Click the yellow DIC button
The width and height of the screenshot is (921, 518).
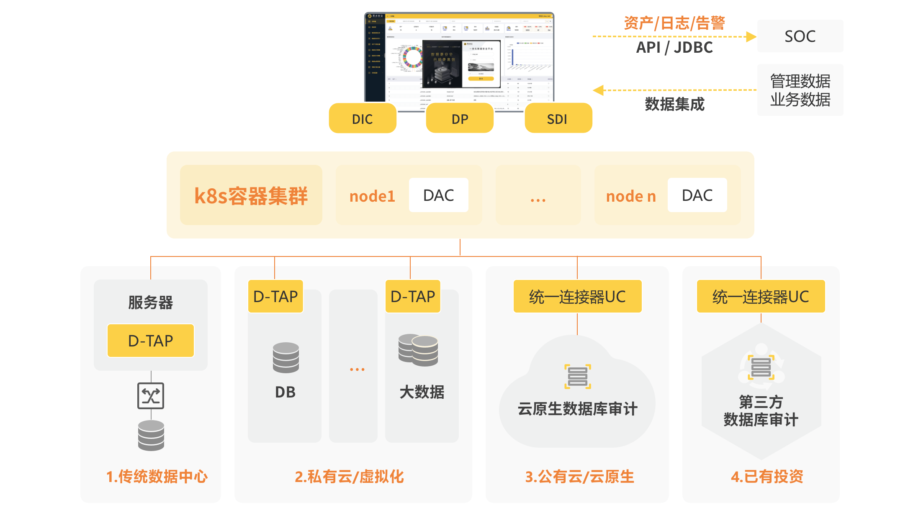click(x=363, y=119)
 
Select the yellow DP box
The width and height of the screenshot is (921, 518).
click(x=460, y=119)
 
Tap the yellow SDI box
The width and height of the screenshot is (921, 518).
click(x=558, y=119)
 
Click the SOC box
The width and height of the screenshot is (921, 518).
click(x=800, y=36)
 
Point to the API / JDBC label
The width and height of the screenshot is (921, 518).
click(x=674, y=48)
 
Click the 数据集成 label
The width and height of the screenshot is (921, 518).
click(x=674, y=104)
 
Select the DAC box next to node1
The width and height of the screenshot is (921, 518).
click(x=438, y=195)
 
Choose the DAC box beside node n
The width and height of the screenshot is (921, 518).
click(x=697, y=195)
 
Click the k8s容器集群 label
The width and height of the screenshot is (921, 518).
click(x=251, y=196)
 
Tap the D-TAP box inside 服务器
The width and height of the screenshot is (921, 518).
click(x=151, y=341)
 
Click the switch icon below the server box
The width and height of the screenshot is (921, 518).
click(x=151, y=395)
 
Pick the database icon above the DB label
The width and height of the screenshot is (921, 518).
click(x=286, y=357)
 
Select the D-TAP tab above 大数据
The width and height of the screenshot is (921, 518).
click(x=413, y=297)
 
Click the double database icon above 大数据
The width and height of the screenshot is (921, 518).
click(x=419, y=350)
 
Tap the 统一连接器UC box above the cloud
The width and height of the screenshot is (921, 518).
click(x=577, y=297)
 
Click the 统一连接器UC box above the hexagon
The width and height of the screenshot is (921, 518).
click(x=761, y=297)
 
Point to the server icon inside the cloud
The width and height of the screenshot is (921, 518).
click(x=578, y=377)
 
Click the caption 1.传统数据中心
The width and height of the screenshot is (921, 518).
click(x=157, y=477)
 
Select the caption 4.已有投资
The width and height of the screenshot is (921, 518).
click(x=767, y=477)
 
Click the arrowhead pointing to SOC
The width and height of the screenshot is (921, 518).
click(x=751, y=37)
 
